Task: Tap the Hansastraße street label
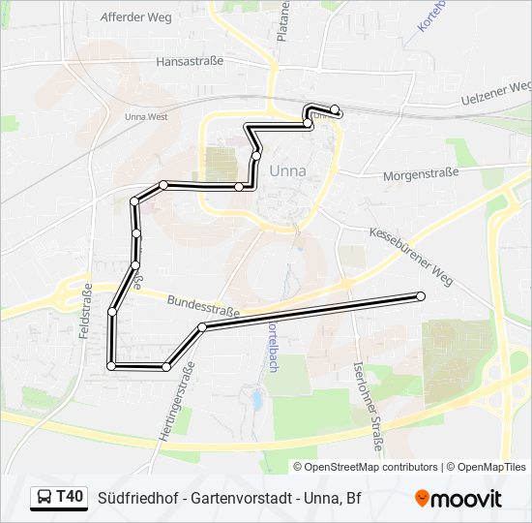pyautogui.click(x=190, y=60)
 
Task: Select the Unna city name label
pyautogui.click(x=287, y=171)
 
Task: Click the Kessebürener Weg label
pyautogui.click(x=410, y=250)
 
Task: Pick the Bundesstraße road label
pyautogui.click(x=203, y=307)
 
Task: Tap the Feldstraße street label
pyautogui.click(x=86, y=311)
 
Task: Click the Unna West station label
pyautogui.click(x=146, y=116)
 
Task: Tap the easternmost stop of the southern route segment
pyautogui.click(x=421, y=296)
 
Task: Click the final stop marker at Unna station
pyautogui.click(x=335, y=109)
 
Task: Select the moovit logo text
pyautogui.click(x=466, y=499)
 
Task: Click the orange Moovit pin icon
pyautogui.click(x=422, y=499)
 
